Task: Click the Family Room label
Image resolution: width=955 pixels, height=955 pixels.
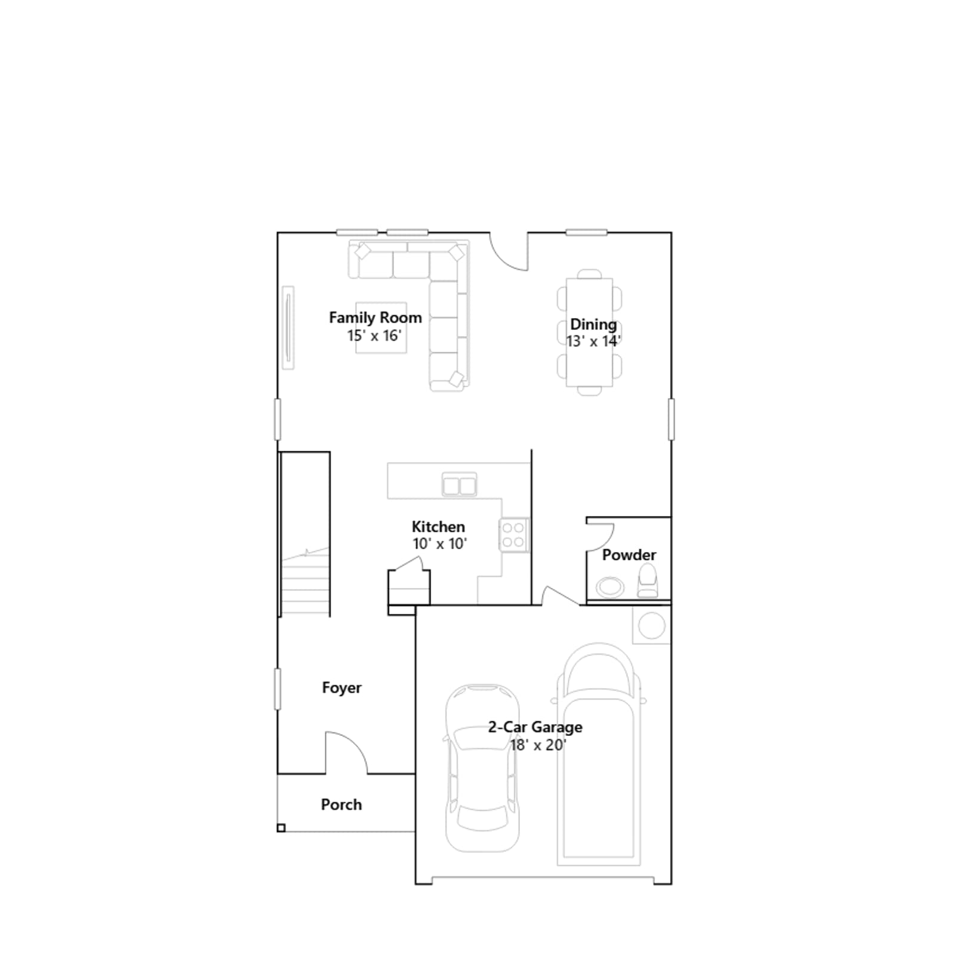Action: point(375,318)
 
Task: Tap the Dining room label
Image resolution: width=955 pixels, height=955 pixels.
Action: point(593,324)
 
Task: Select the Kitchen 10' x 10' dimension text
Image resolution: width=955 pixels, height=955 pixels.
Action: point(440,544)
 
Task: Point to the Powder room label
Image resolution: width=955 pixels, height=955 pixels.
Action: point(629,554)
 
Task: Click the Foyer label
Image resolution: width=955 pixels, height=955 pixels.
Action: point(341,688)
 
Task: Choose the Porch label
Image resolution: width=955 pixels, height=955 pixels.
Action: point(341,805)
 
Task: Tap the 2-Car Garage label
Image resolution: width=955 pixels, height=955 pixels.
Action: point(535,727)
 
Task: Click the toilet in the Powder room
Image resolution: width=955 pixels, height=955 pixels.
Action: point(648,581)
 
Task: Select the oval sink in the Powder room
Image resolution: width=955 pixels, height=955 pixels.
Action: point(610,587)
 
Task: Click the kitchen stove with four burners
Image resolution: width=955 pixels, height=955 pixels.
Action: point(514,534)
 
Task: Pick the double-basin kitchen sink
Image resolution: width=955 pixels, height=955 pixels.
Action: point(460,485)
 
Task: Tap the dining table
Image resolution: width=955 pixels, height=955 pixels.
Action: point(590,332)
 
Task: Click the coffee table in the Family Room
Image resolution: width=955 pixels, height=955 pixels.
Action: point(381,328)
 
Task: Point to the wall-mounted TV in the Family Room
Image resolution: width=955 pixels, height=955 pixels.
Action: point(288,328)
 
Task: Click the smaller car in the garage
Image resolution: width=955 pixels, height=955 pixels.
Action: point(482,768)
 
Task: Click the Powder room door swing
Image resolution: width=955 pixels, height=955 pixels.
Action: point(600,536)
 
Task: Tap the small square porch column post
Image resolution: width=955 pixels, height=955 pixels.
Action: point(281,828)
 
